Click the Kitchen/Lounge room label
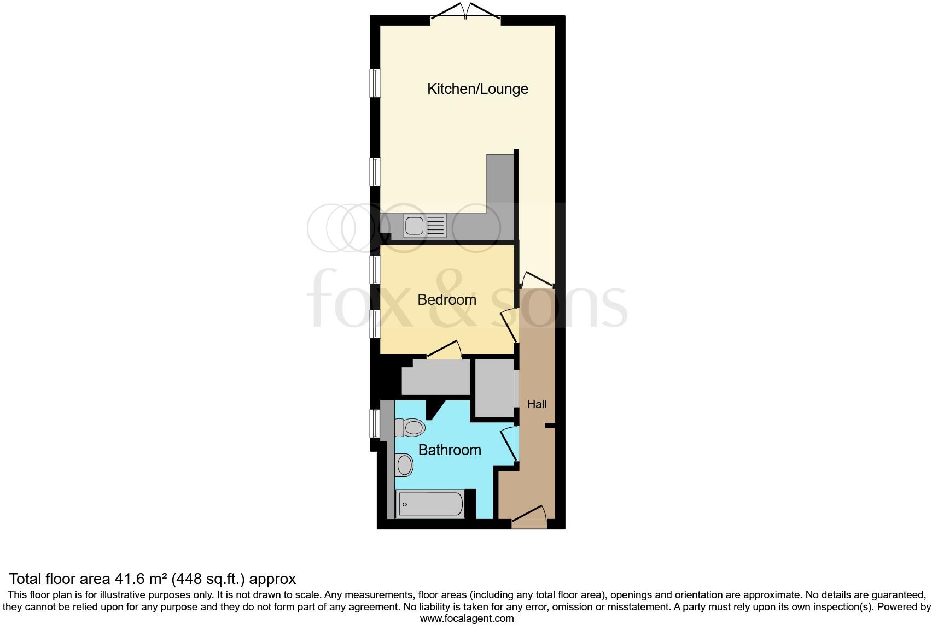(477, 89)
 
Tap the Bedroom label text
(446, 300)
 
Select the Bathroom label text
(450, 450)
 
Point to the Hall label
(537, 405)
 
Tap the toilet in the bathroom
(410, 427)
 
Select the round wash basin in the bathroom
(405, 465)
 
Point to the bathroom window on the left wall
(375, 423)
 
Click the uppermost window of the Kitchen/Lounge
(375, 83)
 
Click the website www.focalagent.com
(467, 618)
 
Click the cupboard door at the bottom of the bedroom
(444, 351)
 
